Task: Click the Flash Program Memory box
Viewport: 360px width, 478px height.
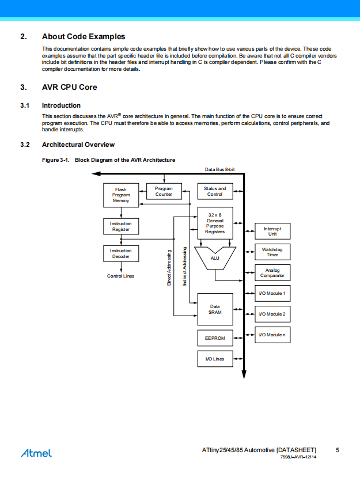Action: point(121,195)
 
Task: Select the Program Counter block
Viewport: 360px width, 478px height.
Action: point(164,191)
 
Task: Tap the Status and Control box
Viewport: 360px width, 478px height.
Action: point(215,191)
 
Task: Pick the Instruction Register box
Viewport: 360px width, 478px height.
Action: point(121,226)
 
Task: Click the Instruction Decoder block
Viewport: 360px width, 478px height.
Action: point(121,253)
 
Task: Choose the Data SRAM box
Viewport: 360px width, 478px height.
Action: point(215,309)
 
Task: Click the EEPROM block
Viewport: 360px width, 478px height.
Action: point(215,338)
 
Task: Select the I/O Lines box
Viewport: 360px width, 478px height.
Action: point(215,359)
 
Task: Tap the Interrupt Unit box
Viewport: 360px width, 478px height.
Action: point(272,231)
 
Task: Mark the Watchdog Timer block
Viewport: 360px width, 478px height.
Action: point(272,252)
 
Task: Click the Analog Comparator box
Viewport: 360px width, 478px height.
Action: point(272,272)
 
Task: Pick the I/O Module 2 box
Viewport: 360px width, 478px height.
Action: point(272,314)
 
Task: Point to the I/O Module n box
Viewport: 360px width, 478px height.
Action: point(272,335)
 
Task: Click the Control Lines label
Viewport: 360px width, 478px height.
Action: point(121,276)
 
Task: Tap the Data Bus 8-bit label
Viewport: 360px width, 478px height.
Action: point(220,169)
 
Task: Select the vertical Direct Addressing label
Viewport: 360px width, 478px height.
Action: point(169,268)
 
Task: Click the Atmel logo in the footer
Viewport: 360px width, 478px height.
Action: point(36,453)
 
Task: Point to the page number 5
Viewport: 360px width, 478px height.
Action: point(338,450)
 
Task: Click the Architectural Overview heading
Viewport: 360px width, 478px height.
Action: point(78,145)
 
